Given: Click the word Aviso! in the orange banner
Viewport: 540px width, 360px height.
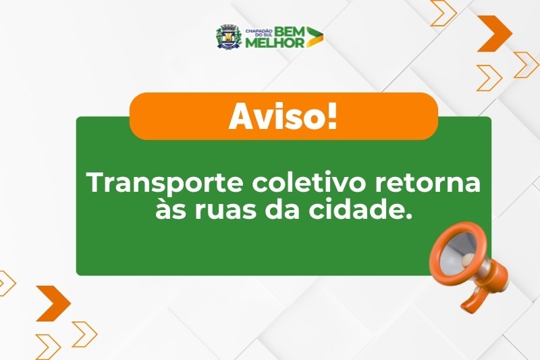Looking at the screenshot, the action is click(283, 116).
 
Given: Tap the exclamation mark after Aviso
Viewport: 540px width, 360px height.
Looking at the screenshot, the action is click(332, 116).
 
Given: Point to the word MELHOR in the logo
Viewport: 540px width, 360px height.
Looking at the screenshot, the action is click(275, 43).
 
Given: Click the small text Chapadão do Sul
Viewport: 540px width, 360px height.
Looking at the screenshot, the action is click(259, 33).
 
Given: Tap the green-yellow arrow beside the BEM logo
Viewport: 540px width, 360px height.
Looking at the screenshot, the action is click(315, 36).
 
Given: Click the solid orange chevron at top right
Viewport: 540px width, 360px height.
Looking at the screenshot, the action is click(495, 33).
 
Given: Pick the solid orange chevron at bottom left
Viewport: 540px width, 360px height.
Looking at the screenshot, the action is click(53, 303).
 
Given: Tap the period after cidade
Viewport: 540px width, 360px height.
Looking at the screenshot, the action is click(409, 217).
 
